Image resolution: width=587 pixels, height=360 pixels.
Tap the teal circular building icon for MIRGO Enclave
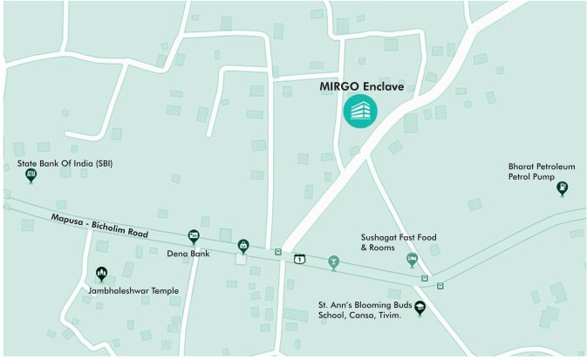click(360, 111)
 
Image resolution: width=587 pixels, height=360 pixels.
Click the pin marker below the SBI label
click(31, 176)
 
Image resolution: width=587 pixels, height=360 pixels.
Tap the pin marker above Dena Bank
click(194, 236)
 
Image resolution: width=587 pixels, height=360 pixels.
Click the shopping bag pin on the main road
click(242, 246)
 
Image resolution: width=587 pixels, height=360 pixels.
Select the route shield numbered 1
click(300, 259)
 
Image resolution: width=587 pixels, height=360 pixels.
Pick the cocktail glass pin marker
click(332, 261)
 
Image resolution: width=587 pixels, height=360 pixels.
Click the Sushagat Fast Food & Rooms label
click(399, 241)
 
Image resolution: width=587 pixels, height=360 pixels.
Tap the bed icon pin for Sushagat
click(412, 260)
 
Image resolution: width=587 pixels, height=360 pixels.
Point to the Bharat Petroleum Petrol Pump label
click(541, 170)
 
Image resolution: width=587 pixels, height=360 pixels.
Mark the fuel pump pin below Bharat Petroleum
click(563, 187)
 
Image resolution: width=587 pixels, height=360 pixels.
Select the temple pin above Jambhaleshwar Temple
click(101, 273)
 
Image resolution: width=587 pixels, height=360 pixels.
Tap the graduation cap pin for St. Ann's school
click(420, 307)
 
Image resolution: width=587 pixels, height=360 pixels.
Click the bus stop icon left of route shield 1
click(278, 252)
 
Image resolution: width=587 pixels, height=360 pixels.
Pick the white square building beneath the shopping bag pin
click(242, 259)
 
